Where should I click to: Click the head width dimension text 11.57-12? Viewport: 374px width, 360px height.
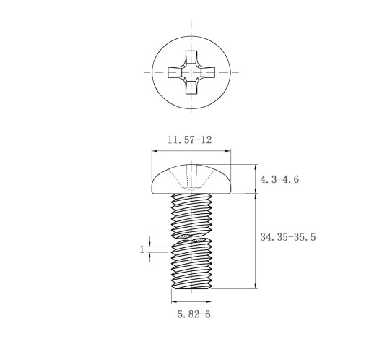(x=190, y=140)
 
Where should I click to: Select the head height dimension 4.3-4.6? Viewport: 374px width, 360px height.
(x=279, y=179)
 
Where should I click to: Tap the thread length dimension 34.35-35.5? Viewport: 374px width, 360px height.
(x=288, y=237)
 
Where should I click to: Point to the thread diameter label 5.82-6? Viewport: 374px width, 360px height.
(x=194, y=314)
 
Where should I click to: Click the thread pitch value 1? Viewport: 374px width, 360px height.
(x=142, y=249)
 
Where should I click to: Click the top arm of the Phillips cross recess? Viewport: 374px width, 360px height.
(x=191, y=57)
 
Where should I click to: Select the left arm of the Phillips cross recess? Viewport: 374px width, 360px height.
(x=175, y=72)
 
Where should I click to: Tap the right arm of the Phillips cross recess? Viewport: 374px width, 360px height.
(x=208, y=72)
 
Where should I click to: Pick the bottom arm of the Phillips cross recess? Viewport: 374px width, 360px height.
(x=191, y=87)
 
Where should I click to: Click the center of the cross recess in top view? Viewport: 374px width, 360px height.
(x=191, y=72)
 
